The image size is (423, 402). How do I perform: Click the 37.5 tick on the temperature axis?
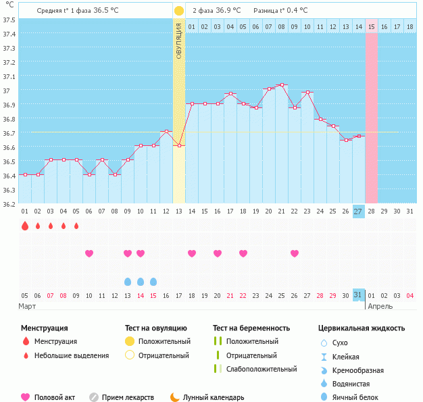[9, 20]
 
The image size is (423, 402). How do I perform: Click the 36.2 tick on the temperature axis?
[9, 203]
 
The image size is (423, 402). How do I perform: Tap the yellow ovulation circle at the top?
[178, 11]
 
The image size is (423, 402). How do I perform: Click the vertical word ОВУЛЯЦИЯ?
[178, 41]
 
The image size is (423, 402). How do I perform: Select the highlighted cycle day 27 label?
[358, 211]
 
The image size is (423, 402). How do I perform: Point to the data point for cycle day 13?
[178, 145]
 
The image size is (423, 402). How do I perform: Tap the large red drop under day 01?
[25, 226]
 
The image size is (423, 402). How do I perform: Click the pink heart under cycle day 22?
[294, 253]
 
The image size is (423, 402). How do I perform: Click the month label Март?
[28, 306]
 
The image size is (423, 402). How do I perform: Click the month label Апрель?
[379, 306]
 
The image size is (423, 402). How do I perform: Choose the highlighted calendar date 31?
[358, 295]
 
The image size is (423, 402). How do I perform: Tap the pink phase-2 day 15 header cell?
[371, 27]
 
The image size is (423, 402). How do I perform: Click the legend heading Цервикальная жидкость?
[362, 328]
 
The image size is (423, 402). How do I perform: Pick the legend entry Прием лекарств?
[128, 398]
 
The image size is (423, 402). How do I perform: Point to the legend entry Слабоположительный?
[262, 369]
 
